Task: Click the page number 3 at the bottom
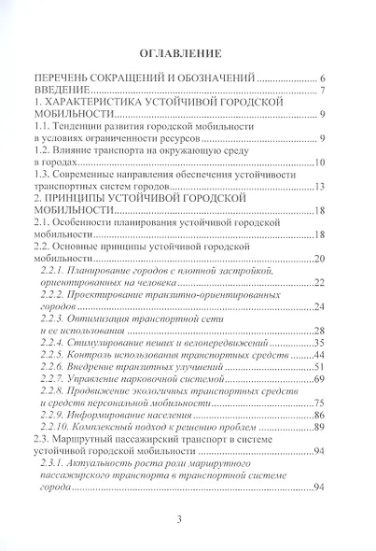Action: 188,521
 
